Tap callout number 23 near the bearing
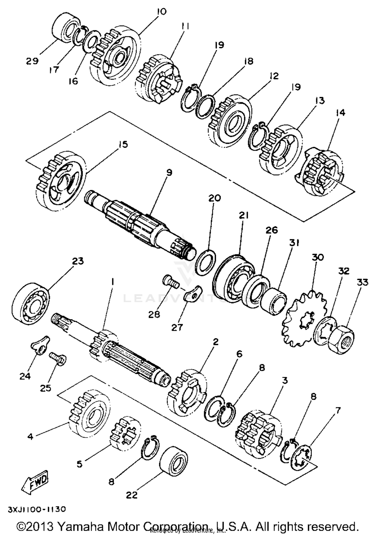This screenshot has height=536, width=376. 78,261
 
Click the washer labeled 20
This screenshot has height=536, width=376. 205,262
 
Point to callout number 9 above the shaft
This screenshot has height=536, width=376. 169,173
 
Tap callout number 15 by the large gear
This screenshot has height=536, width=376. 123,145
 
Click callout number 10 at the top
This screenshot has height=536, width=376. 162,12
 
